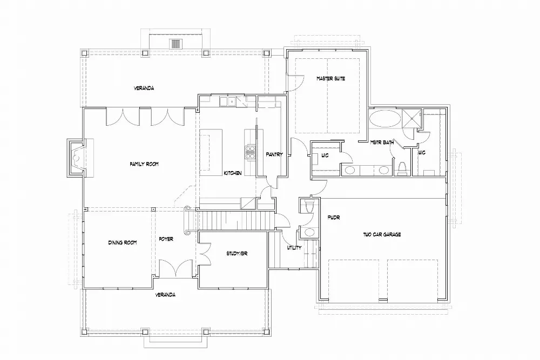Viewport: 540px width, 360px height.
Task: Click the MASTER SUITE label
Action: (330, 79)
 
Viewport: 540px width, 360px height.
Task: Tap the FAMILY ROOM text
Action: (143, 164)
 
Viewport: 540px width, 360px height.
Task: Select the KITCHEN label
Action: (232, 173)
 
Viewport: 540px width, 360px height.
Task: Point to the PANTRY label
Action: (274, 154)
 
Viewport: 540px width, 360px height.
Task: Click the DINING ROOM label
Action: (123, 243)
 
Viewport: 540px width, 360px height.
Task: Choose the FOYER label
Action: (166, 239)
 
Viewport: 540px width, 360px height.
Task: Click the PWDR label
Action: (333, 218)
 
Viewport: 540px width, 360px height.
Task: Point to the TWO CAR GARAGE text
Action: (382, 235)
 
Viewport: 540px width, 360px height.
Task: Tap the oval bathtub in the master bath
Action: (384, 118)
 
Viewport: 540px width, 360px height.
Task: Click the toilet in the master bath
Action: (401, 168)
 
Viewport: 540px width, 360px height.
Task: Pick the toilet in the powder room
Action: (308, 207)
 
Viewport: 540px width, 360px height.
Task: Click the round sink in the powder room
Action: (309, 233)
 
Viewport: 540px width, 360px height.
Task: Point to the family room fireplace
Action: (76, 158)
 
